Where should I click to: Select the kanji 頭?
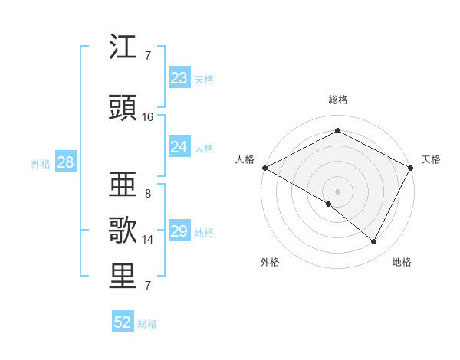click(x=123, y=108)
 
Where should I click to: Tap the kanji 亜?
click(x=123, y=185)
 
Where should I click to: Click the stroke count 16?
click(x=148, y=117)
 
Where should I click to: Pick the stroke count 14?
click(x=148, y=240)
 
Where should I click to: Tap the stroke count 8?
click(x=147, y=194)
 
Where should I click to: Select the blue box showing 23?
click(x=179, y=78)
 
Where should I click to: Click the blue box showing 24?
click(x=179, y=147)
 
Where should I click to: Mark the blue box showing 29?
click(x=179, y=231)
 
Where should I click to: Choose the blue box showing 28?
click(x=64, y=162)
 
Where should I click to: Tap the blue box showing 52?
click(x=123, y=322)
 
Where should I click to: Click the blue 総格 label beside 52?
click(x=147, y=324)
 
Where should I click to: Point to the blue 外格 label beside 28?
click(x=41, y=163)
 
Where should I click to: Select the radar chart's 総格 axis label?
click(x=337, y=100)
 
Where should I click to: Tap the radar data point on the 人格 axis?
click(x=264, y=168)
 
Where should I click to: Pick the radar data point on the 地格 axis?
click(x=374, y=241)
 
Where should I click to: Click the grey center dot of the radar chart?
click(x=337, y=191)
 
